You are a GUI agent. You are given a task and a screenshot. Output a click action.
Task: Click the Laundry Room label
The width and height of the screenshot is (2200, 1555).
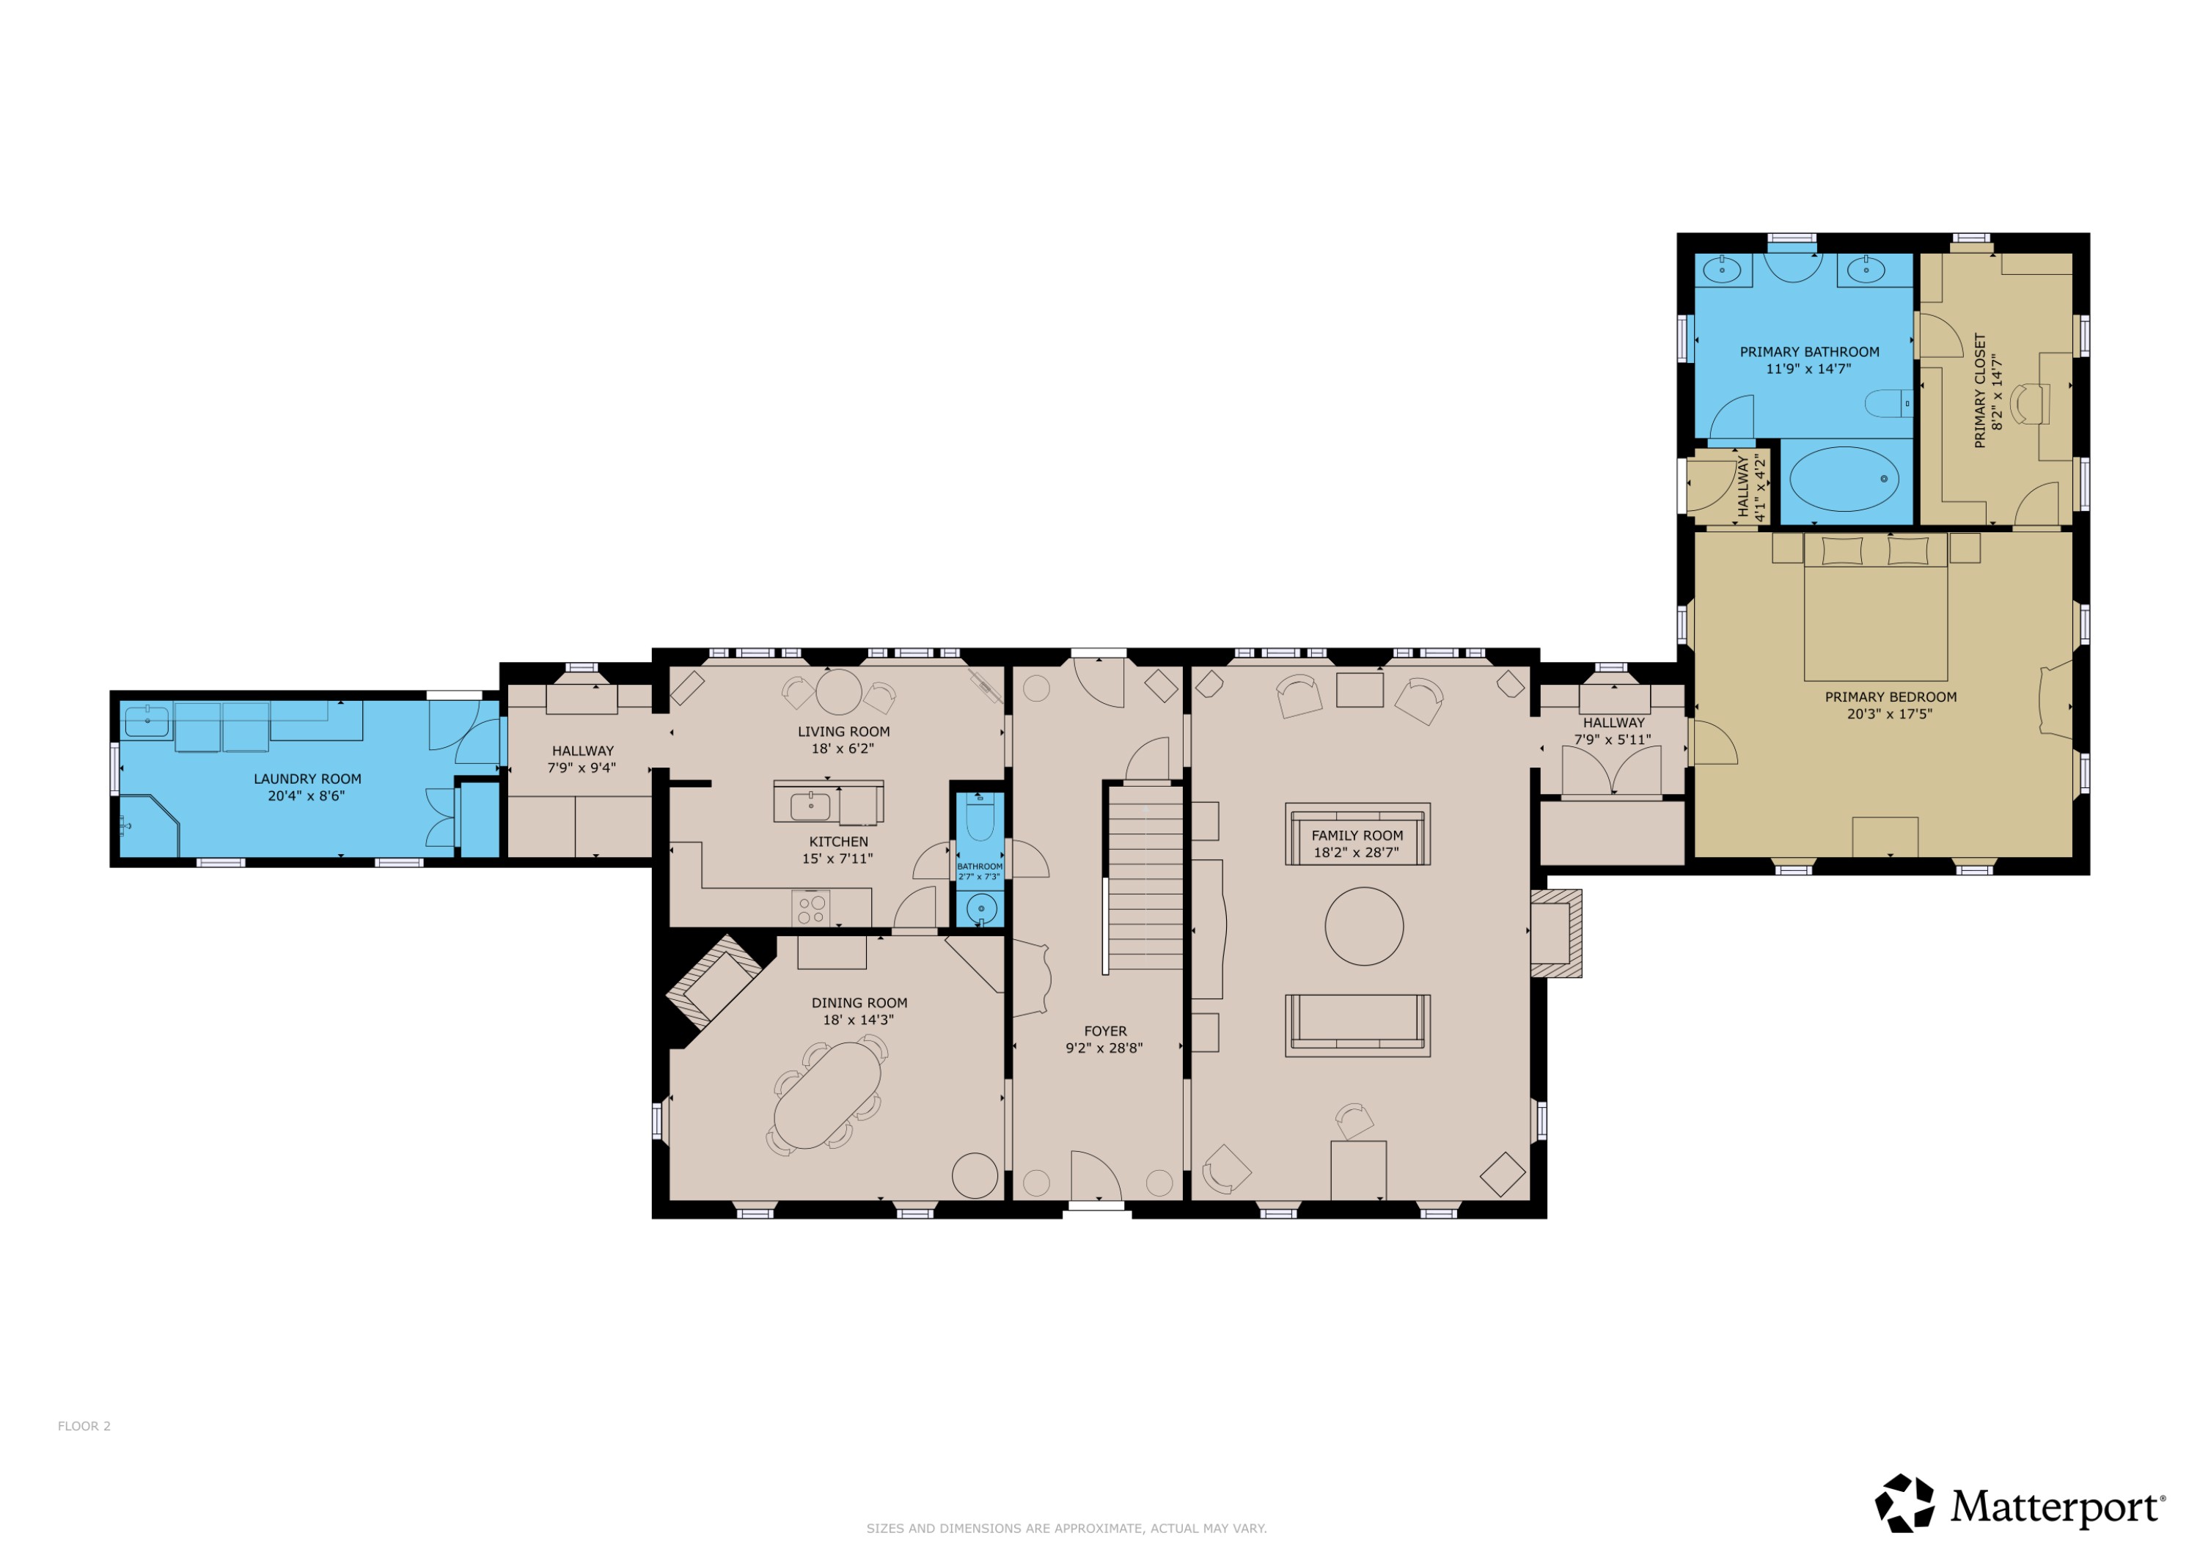click(307, 779)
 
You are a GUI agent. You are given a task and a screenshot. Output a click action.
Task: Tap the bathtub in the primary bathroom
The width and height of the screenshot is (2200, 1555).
click(1844, 478)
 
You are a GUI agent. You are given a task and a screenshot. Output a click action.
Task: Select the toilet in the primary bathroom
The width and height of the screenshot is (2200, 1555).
click(1888, 403)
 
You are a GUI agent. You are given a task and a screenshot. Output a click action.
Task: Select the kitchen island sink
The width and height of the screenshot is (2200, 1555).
click(810, 806)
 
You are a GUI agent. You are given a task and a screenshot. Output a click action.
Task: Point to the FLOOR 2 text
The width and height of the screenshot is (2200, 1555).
click(84, 1426)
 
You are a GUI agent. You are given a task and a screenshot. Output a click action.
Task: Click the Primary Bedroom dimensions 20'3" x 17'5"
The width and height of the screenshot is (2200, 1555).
click(1890, 714)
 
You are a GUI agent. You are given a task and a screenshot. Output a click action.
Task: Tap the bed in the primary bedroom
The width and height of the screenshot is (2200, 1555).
click(1875, 613)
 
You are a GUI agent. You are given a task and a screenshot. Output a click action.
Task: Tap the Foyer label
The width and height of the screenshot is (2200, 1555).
click(1105, 1031)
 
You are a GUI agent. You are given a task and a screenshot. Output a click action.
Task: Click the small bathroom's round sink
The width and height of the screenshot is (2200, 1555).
click(980, 908)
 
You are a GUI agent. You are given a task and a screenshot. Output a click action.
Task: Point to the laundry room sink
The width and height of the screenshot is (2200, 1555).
click(147, 721)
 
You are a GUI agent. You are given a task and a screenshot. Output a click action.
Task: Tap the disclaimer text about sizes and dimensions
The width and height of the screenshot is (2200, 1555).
click(1066, 1528)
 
